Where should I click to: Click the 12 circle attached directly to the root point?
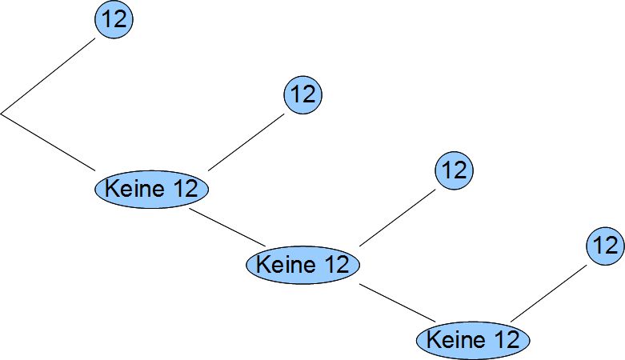pyautogui.click(x=114, y=20)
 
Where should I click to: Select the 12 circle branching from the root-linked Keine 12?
pyautogui.click(x=302, y=94)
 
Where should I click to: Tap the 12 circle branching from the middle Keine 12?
pyautogui.click(x=454, y=170)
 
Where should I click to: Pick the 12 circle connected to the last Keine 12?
pyautogui.click(x=604, y=245)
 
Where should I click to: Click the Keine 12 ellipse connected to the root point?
pyautogui.click(x=152, y=190)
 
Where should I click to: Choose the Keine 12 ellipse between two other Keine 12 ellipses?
pyautogui.click(x=303, y=264)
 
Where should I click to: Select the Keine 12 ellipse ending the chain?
pyautogui.click(x=473, y=339)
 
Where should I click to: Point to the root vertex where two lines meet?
pyautogui.click(x=2, y=114)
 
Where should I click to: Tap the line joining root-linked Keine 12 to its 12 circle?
pyautogui.click(x=246, y=141)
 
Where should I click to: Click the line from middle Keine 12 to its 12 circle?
pyautogui.click(x=398, y=216)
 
